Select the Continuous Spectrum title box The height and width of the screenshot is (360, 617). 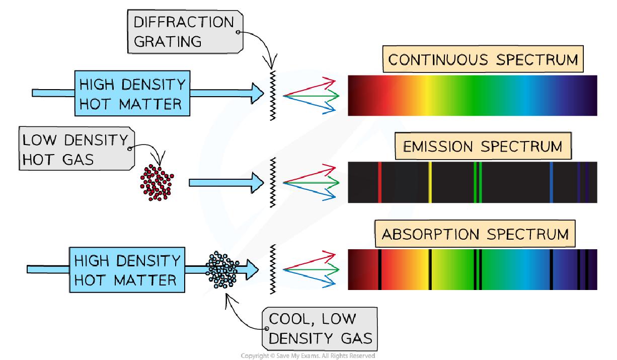(x=483, y=60)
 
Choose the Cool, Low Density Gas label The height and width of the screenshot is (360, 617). (x=320, y=327)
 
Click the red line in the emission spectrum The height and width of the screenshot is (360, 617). (x=379, y=182)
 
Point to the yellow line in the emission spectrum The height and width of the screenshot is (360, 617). (x=430, y=182)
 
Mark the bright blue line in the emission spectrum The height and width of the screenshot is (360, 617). (x=552, y=182)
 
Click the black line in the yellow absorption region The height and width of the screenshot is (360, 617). (x=430, y=269)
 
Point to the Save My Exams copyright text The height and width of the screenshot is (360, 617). (x=308, y=355)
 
